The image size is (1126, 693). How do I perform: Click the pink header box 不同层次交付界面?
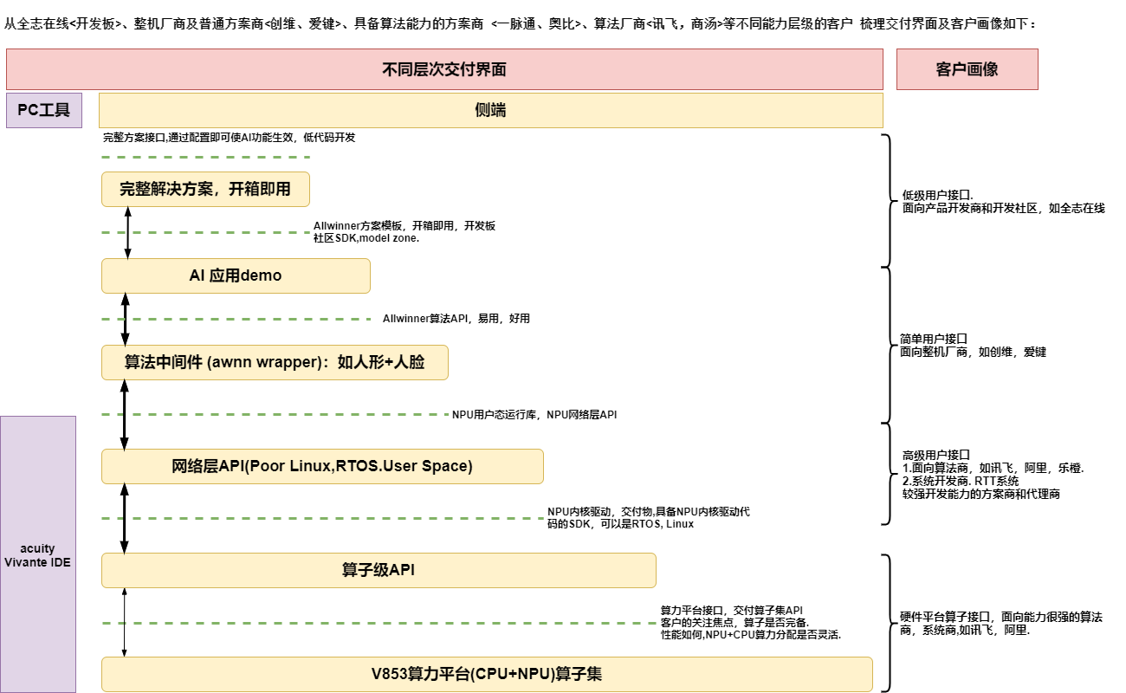[x=444, y=69]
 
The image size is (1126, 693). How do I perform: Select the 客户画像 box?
[x=967, y=69]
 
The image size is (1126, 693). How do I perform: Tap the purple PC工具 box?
[x=44, y=111]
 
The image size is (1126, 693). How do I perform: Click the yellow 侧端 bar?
[x=490, y=111]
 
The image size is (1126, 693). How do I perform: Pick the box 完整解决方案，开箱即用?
[x=205, y=189]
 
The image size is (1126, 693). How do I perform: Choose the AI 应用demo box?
[x=236, y=275]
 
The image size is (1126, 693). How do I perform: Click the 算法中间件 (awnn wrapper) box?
[x=275, y=362]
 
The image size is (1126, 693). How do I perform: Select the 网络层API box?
[x=322, y=466]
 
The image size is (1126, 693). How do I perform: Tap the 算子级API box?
[x=379, y=570]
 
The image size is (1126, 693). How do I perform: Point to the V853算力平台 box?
[x=487, y=674]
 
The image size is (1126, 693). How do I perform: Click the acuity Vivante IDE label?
[x=37, y=555]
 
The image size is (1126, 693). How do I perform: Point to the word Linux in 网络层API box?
[x=308, y=466]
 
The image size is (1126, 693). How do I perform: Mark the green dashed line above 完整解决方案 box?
[x=205, y=158]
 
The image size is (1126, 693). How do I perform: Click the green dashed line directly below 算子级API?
[x=379, y=623]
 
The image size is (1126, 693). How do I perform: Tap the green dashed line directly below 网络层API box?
[x=322, y=518]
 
